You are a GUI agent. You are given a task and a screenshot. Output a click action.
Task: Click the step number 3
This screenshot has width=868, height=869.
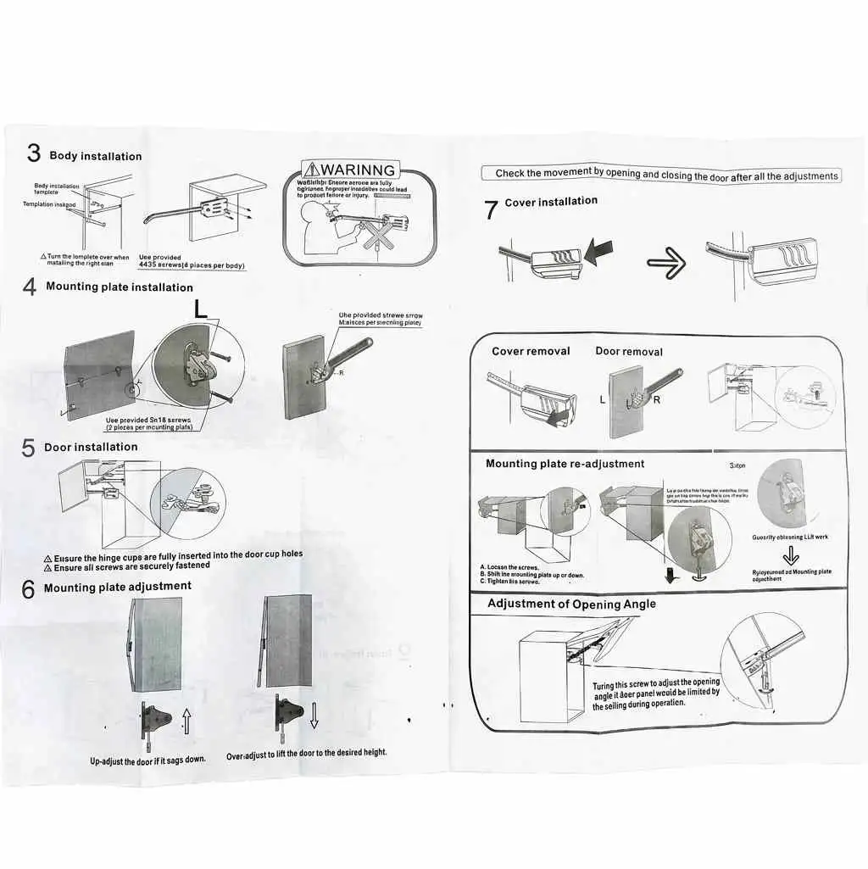tap(33, 153)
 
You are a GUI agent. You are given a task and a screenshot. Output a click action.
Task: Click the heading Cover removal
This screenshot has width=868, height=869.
tap(531, 351)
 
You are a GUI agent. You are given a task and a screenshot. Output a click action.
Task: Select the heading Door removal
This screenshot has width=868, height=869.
tap(629, 351)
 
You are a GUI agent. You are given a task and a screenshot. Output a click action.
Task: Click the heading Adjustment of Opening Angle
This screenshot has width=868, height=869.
tap(571, 604)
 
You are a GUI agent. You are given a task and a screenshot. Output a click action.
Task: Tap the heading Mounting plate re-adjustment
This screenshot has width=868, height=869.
tap(565, 464)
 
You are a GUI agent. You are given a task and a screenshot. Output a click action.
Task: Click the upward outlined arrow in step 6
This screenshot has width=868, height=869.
tap(186, 722)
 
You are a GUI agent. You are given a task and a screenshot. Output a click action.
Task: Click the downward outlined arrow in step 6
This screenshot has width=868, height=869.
tap(314, 718)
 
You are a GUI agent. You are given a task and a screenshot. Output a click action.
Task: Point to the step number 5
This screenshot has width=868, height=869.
tap(29, 449)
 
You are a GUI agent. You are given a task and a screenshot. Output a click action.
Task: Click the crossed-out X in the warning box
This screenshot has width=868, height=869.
tap(374, 232)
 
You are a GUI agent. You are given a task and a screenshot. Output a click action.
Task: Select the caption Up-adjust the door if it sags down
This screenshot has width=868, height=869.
tap(147, 760)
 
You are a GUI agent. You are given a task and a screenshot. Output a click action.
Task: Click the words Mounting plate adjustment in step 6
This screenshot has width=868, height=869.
tap(117, 587)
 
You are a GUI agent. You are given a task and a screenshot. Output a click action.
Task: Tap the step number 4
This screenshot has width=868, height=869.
tap(30, 288)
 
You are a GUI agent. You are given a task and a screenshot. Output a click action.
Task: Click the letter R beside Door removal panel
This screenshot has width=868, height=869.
tap(655, 398)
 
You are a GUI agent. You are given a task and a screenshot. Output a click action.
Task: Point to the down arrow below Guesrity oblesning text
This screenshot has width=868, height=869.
tap(790, 556)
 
